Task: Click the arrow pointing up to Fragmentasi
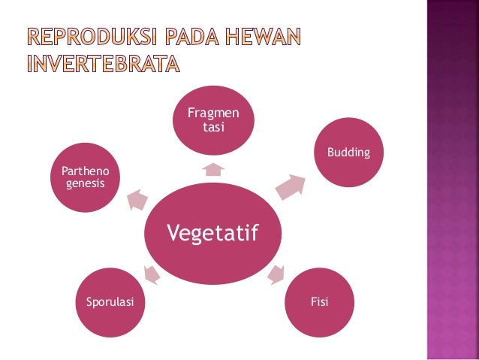[213, 169]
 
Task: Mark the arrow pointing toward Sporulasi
[152, 275]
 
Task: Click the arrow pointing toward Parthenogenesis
[137, 199]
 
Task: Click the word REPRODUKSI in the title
[89, 36]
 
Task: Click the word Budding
[348, 153]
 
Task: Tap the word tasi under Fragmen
[213, 126]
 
